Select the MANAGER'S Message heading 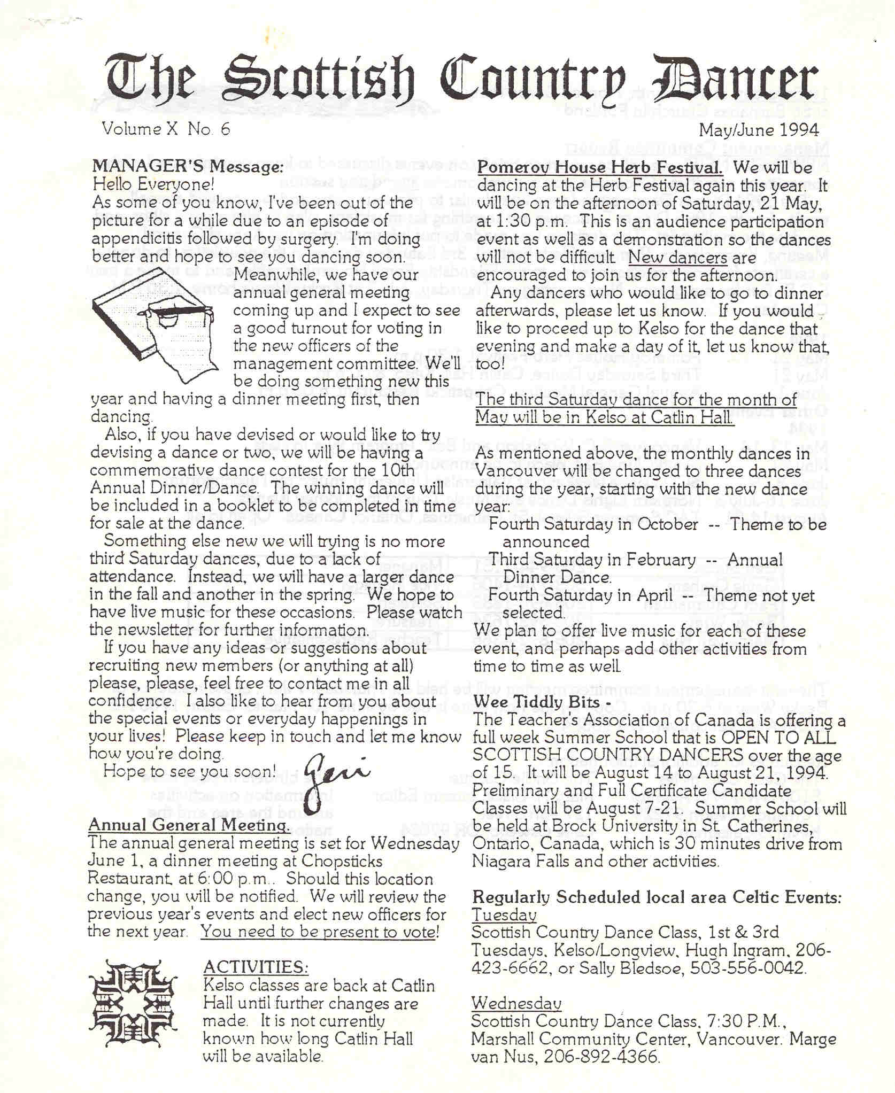coord(187,167)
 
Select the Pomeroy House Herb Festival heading coord(599,167)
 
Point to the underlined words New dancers coord(677,258)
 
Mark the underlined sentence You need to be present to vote coord(320,932)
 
